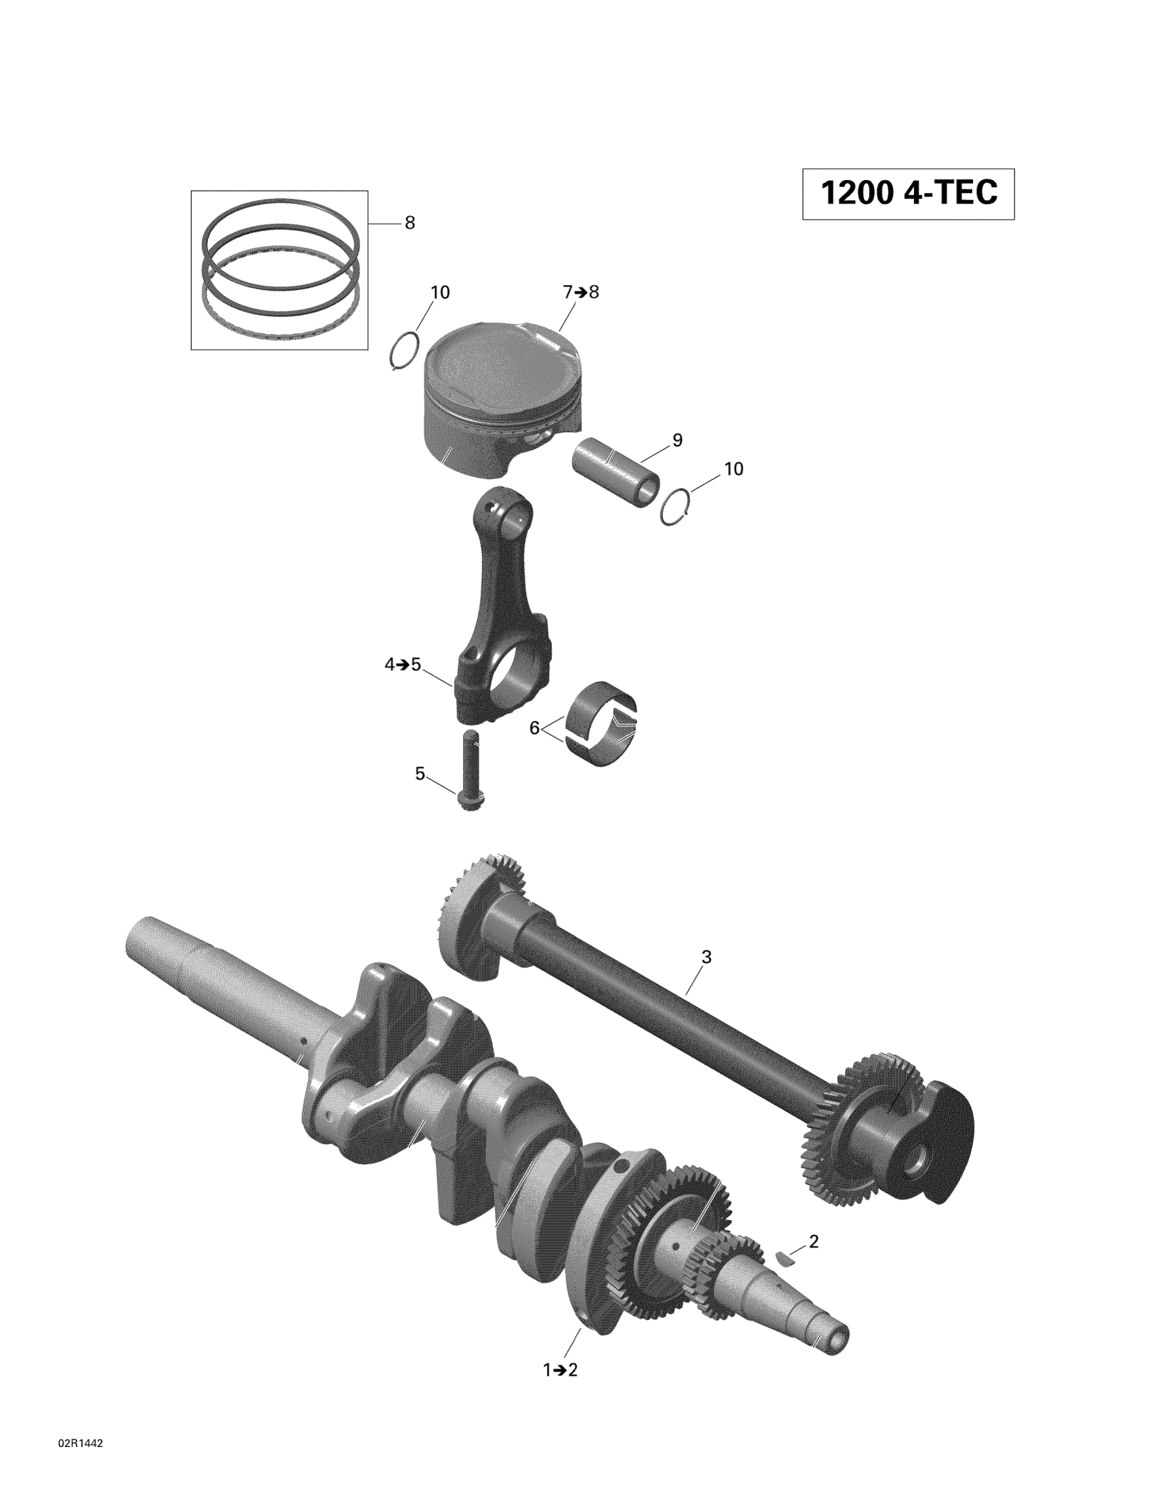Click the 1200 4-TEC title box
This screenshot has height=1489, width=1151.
point(907,194)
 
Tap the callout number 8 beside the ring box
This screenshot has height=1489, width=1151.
point(410,223)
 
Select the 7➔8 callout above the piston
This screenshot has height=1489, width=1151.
point(581,292)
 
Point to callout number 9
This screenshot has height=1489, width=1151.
point(677,440)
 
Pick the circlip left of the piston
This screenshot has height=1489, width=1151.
point(404,351)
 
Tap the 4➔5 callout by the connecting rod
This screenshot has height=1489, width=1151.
point(403,664)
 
